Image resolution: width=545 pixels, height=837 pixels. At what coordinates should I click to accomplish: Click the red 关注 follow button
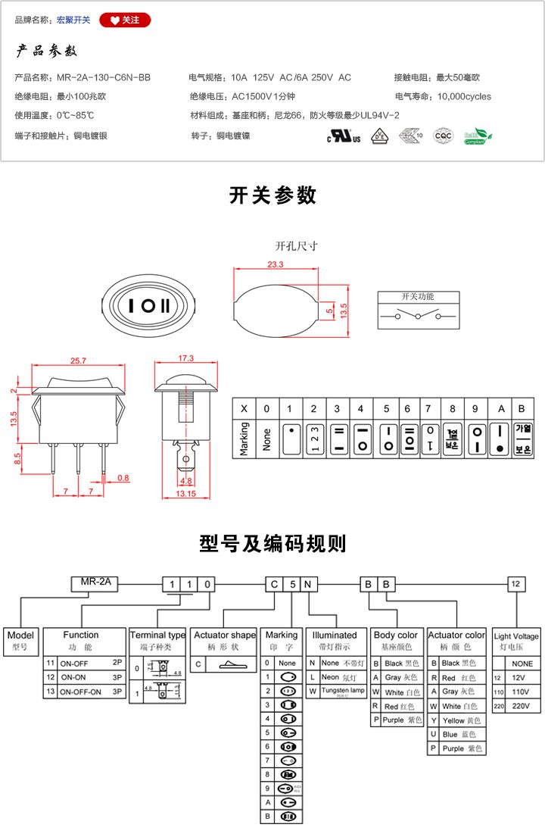[125, 20]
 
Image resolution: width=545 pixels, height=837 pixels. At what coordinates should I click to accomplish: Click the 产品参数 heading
[47, 52]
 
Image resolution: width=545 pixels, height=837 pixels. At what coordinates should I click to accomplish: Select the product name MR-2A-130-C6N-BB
[104, 77]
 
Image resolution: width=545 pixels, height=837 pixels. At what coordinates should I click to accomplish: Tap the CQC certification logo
[442, 136]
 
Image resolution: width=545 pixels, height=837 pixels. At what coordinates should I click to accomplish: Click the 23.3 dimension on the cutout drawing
[275, 264]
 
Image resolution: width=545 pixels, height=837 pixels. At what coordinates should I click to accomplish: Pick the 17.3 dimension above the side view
[185, 358]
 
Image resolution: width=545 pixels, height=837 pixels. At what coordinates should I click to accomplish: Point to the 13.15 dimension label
[185, 494]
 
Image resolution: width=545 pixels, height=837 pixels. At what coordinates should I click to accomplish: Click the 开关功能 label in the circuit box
[418, 296]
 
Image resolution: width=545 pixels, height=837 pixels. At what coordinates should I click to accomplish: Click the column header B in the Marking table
[522, 408]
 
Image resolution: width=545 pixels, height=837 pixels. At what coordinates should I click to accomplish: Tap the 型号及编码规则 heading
[272, 543]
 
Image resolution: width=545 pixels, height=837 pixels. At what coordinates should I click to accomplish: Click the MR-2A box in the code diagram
[94, 582]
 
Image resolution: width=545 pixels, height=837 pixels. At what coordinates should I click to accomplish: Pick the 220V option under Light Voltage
[516, 706]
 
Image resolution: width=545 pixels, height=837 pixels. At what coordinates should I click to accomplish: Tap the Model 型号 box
[20, 641]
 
